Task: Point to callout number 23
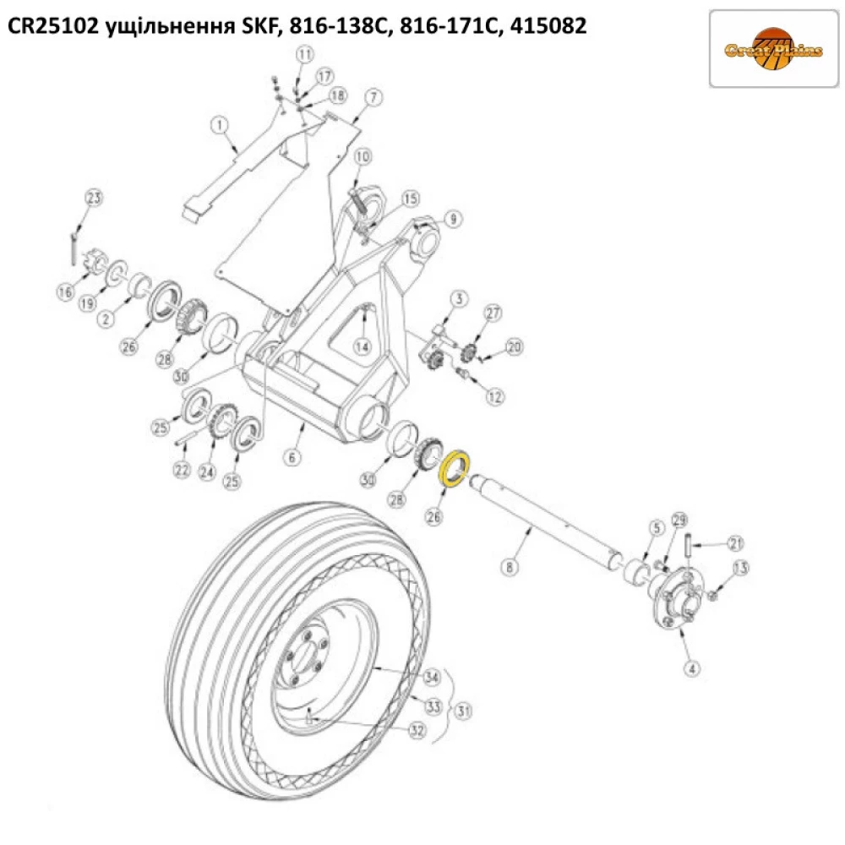tap(93, 199)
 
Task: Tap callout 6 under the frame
tap(292, 457)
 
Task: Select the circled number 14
tap(363, 346)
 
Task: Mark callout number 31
tap(462, 711)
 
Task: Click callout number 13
tap(740, 568)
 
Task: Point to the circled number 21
tap(735, 542)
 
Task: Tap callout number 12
tap(494, 395)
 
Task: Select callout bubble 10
tap(363, 156)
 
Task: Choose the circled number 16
tap(67, 292)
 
